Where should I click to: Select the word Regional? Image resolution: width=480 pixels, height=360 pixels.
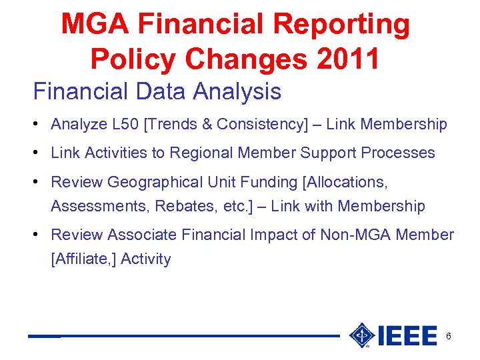click(x=201, y=153)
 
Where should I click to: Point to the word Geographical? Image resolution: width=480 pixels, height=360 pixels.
click(x=157, y=182)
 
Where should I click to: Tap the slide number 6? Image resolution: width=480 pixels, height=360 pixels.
click(x=449, y=336)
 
